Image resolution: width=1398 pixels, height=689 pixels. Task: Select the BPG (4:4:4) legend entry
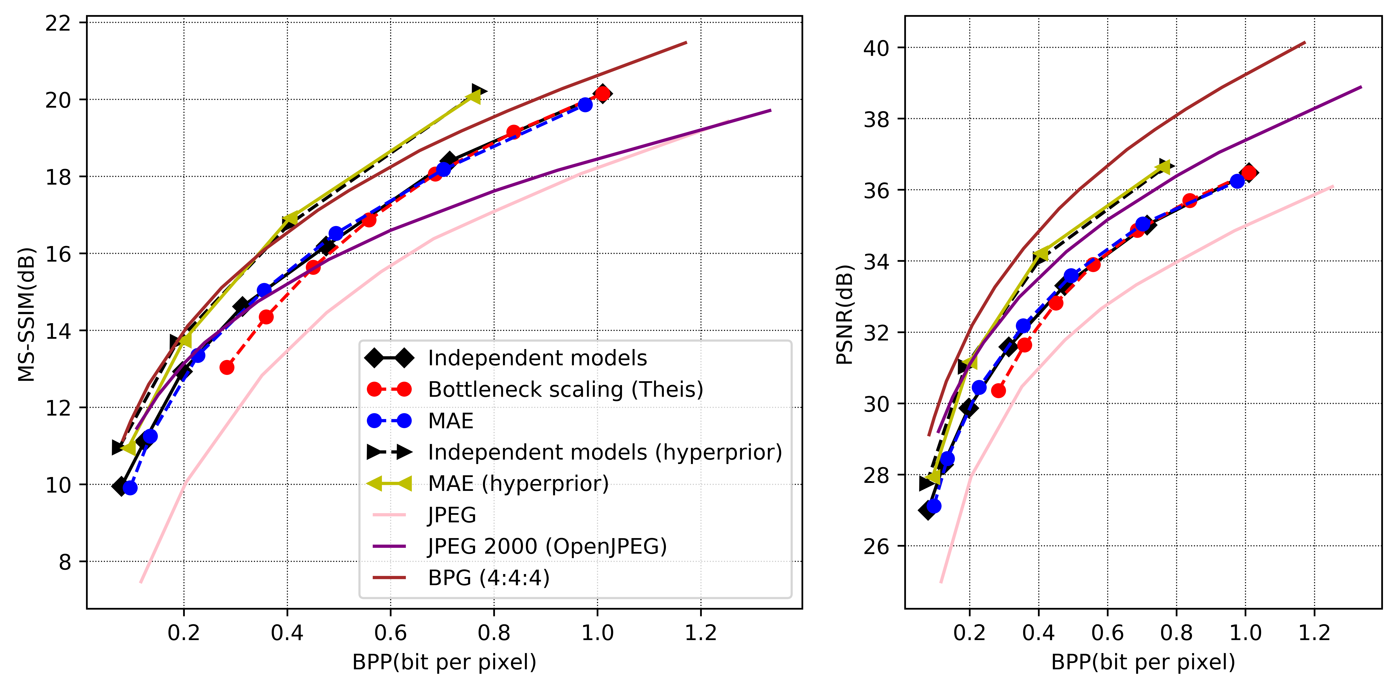click(x=488, y=578)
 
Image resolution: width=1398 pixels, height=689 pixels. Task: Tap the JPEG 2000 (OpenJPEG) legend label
click(x=547, y=546)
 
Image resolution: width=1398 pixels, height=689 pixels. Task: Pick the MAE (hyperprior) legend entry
click(x=518, y=483)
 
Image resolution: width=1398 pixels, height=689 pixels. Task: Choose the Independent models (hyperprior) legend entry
click(x=605, y=452)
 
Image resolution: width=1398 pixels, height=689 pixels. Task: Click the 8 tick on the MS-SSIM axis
click(x=65, y=562)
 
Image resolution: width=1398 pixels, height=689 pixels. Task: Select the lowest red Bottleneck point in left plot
click(x=227, y=368)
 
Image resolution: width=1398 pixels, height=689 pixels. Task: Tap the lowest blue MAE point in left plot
click(x=130, y=488)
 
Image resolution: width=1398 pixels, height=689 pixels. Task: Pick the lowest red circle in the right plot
click(x=998, y=390)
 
